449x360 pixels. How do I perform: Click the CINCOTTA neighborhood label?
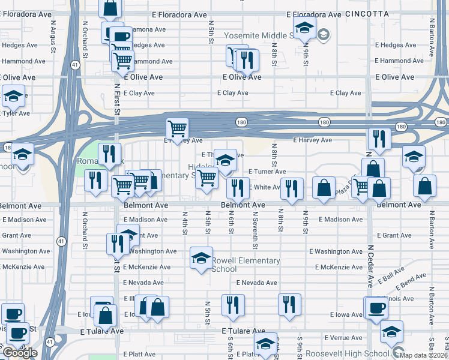tap(367, 13)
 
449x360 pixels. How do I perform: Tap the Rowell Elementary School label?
tap(246, 265)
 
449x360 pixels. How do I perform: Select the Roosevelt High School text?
tap(347, 354)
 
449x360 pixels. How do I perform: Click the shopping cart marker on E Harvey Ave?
tap(177, 128)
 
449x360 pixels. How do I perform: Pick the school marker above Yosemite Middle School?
tap(304, 28)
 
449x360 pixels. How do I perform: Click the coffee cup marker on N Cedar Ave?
tap(377, 308)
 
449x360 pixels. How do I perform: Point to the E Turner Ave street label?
tap(267, 172)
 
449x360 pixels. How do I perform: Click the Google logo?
tap(20, 353)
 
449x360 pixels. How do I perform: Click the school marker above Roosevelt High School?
tap(391, 331)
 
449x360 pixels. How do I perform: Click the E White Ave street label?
tap(264, 187)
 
